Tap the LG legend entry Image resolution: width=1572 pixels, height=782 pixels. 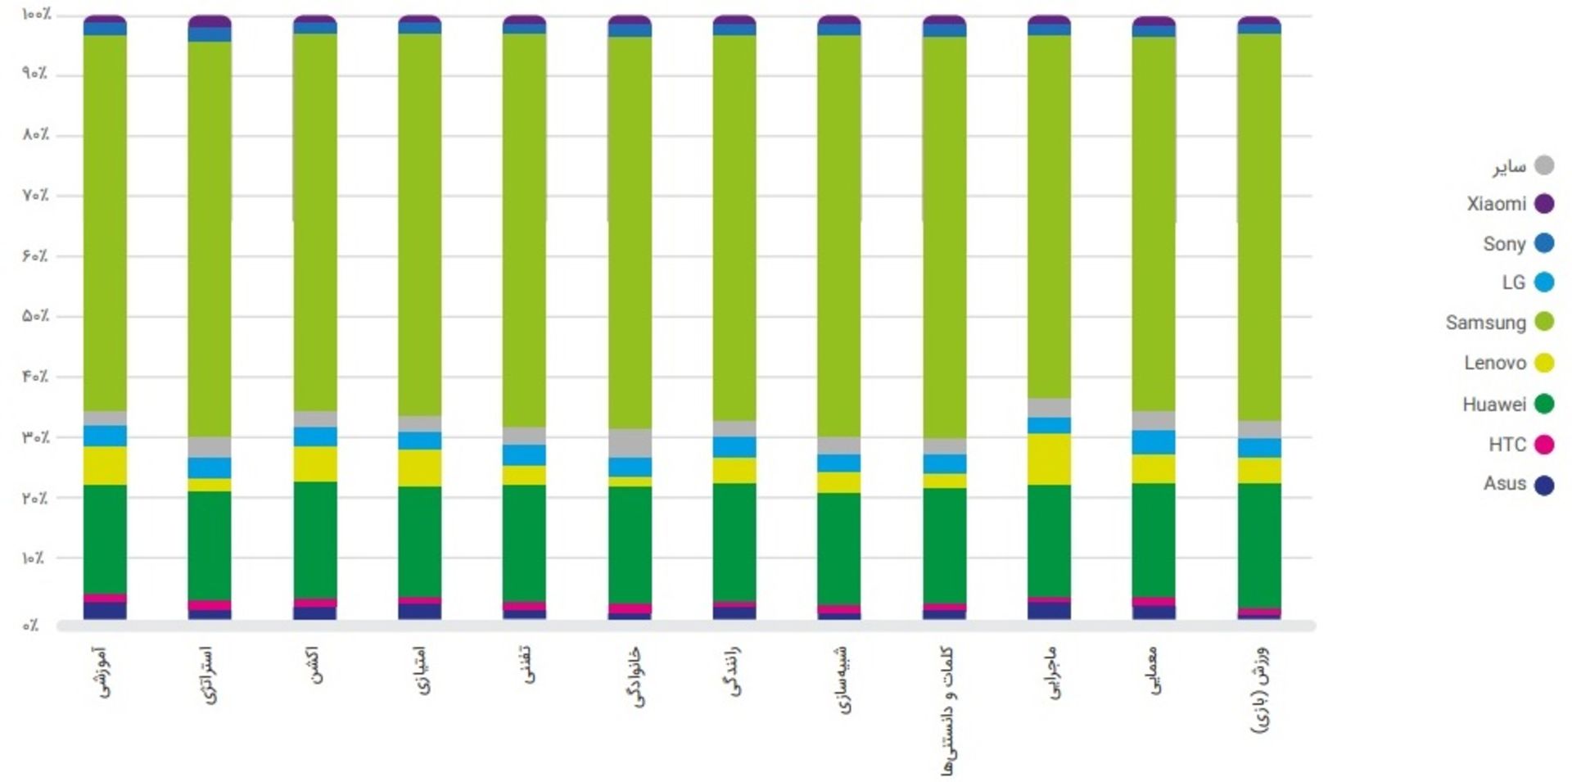(x=1526, y=283)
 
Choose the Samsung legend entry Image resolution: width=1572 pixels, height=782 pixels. (x=1498, y=322)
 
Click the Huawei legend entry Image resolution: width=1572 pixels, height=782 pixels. (x=1507, y=404)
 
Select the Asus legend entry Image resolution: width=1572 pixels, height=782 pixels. (x=1518, y=484)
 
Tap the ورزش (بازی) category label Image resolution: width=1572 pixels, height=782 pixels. (x=1261, y=689)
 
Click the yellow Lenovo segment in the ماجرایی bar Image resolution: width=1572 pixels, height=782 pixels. (x=1050, y=459)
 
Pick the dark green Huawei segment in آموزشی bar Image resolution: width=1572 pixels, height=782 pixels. (x=105, y=539)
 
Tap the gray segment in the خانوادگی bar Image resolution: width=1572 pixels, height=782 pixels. (x=630, y=443)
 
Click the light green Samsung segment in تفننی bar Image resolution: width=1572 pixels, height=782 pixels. (x=525, y=229)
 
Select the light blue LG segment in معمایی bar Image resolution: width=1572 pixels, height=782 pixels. (x=1154, y=442)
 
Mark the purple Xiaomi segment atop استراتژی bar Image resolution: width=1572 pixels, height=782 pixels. (x=210, y=21)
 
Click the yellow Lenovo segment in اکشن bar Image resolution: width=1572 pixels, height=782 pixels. (x=315, y=463)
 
